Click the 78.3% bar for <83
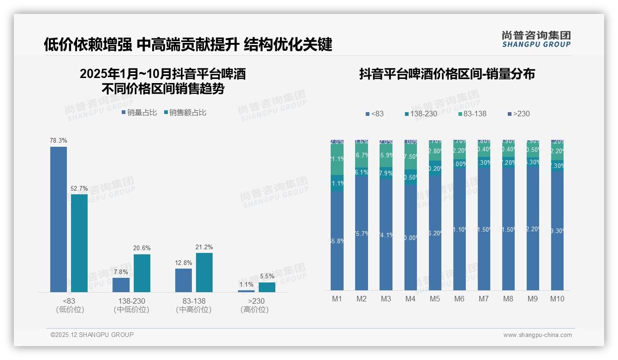click(59, 219)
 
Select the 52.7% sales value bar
click(79, 243)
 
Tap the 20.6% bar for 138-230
click(142, 273)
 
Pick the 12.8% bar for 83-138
click(184, 280)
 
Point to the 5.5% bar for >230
click(267, 287)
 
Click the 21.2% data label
click(204, 247)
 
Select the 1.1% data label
click(246, 285)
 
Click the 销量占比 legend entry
click(139, 113)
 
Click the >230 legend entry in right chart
click(518, 114)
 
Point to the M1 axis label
click(337, 299)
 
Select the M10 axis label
click(557, 299)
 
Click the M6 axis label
click(459, 299)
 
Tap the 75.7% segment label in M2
click(362, 234)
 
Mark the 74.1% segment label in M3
click(386, 235)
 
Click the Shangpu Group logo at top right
click(536, 39)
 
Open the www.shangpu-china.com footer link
click(537, 335)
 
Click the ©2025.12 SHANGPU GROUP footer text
click(92, 335)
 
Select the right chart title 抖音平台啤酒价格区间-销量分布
click(447, 74)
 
